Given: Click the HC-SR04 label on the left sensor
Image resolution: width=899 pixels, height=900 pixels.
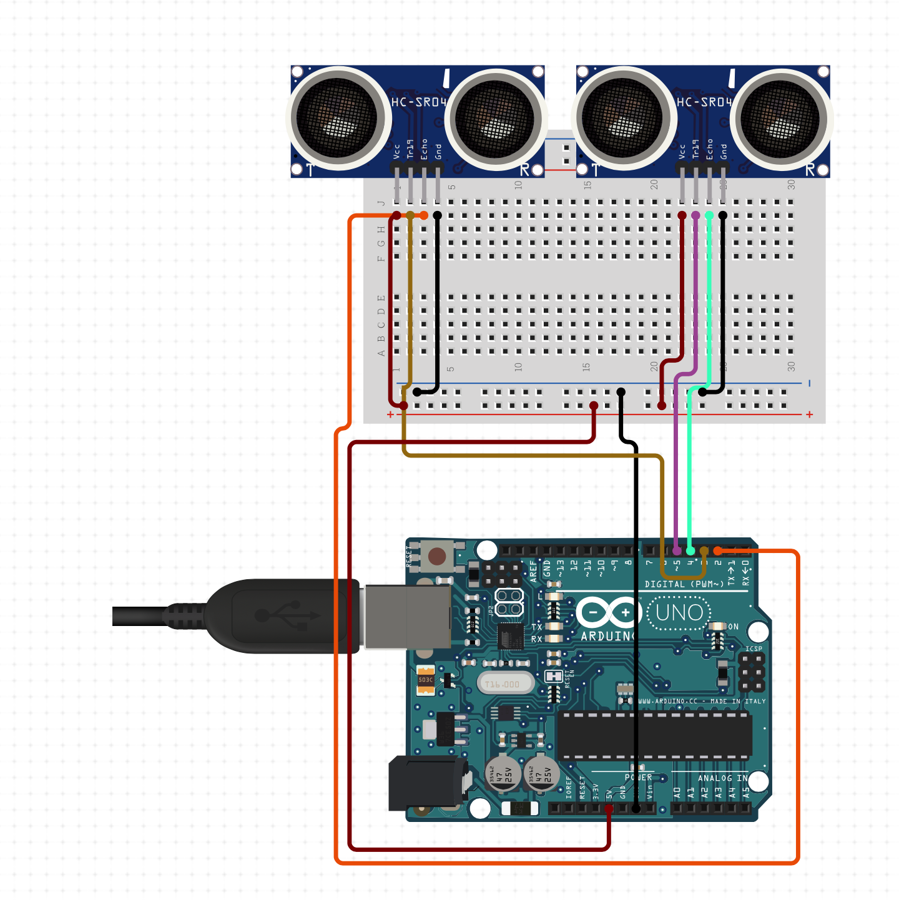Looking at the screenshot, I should tap(418, 102).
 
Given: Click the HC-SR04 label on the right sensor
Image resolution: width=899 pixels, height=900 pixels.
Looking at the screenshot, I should tap(704, 102).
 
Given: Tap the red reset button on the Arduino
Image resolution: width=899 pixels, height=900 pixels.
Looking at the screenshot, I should tap(437, 555).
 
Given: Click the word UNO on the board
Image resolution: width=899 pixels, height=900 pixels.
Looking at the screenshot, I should tap(679, 613).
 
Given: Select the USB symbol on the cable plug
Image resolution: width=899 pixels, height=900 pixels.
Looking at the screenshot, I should tap(287, 616).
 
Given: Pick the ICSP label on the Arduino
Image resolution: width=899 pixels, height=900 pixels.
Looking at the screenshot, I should tap(754, 648).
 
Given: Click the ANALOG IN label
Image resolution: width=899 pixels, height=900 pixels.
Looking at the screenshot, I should tap(722, 778).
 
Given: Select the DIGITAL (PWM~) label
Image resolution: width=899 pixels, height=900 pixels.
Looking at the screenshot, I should tap(684, 584).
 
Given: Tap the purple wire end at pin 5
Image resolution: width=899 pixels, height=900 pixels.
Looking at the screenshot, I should tap(677, 550).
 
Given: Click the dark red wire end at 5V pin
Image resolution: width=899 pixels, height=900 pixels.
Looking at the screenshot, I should tap(609, 809).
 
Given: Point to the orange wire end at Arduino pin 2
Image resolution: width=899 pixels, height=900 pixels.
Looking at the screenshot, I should tap(718, 550).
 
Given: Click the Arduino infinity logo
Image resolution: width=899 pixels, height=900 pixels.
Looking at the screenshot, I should tap(609, 612).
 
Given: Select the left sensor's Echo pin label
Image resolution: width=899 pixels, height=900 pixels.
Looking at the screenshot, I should tap(425, 149).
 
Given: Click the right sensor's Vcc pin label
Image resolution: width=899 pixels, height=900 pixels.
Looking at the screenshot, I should tap(682, 150).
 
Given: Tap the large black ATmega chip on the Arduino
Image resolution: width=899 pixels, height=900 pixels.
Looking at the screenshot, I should tap(654, 736).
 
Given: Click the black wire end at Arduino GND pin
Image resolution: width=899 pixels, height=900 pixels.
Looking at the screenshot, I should tap(636, 809).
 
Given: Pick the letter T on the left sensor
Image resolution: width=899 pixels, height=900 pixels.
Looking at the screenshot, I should tap(310, 169).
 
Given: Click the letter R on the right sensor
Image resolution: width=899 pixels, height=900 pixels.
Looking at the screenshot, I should tap(810, 169).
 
